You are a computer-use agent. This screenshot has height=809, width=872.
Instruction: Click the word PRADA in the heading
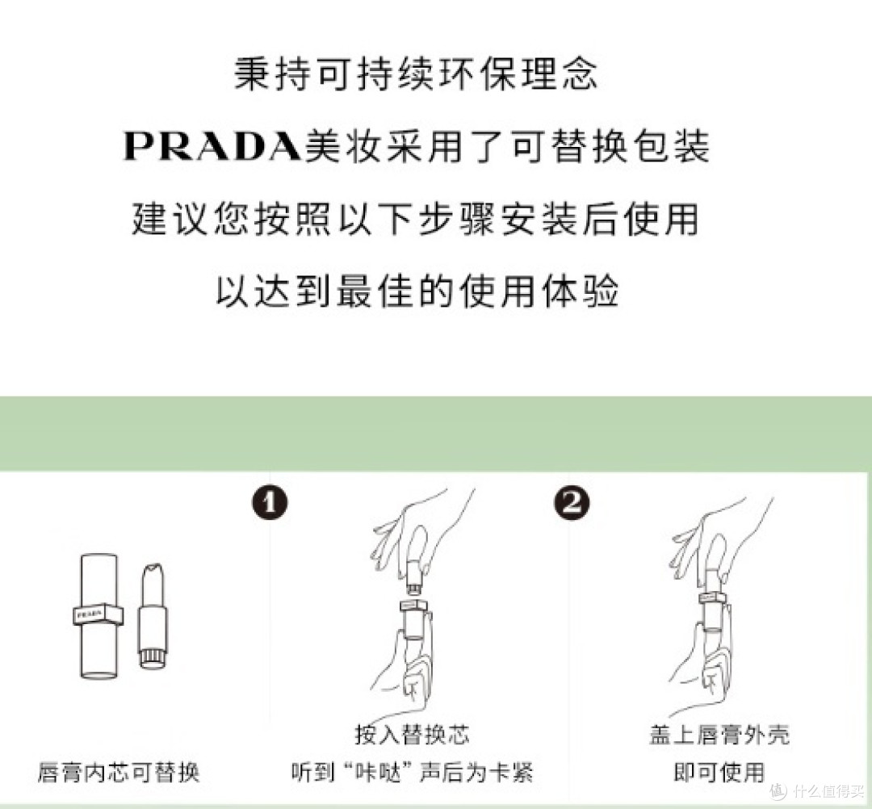pyautogui.click(x=213, y=148)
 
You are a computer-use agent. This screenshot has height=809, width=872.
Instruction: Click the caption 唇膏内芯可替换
pyautogui.click(x=118, y=772)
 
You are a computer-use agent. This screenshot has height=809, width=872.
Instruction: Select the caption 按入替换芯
pyautogui.click(x=412, y=735)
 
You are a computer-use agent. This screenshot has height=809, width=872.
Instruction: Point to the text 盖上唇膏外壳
pyautogui.click(x=719, y=735)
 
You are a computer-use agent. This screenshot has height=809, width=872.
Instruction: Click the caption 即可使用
pyautogui.click(x=719, y=772)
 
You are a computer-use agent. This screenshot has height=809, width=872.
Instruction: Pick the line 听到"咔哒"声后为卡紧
pyautogui.click(x=412, y=772)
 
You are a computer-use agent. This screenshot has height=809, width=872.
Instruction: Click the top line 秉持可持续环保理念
pyautogui.click(x=416, y=75)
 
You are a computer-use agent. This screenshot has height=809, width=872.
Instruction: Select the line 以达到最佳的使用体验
pyautogui.click(x=416, y=291)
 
